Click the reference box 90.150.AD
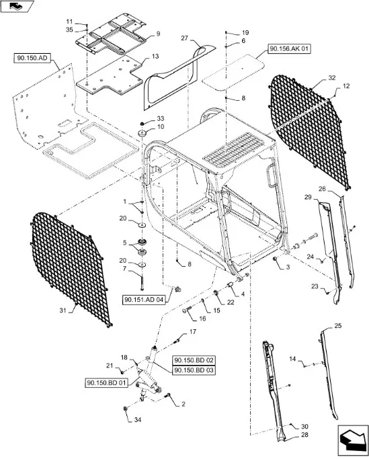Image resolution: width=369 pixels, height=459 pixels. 32,58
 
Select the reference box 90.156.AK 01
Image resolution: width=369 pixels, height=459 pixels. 289,49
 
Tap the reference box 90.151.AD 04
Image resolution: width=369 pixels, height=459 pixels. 144,300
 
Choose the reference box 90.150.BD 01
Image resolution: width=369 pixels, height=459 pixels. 107,382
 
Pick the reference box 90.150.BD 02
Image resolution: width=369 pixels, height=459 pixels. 194,360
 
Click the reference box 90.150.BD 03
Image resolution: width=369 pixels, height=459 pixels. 194,370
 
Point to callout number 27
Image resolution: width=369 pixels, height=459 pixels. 184,38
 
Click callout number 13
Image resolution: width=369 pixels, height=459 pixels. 155,56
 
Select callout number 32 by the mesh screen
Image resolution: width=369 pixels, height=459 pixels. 332,78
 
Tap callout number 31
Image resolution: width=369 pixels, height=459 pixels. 63,310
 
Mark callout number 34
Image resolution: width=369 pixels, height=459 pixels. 138,420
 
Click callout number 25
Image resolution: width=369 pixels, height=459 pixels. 337,326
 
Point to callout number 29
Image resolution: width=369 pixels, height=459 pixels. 308,197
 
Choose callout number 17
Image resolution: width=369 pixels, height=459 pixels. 193,332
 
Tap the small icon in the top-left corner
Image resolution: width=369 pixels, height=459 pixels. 17,6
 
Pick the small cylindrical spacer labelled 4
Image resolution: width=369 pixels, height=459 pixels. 231,285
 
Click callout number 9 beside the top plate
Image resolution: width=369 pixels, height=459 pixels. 158,34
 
